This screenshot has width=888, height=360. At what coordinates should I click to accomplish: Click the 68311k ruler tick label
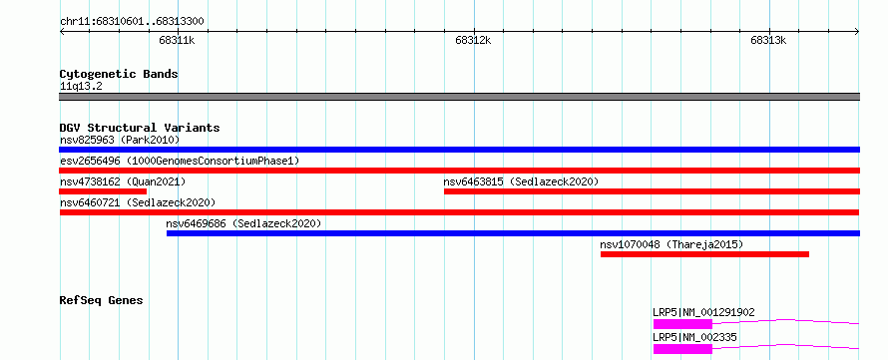[178, 40]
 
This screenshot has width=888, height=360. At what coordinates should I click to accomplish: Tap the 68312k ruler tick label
[473, 40]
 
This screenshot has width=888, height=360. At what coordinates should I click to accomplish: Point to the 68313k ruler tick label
[768, 40]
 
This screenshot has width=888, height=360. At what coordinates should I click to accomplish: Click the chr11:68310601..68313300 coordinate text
[132, 22]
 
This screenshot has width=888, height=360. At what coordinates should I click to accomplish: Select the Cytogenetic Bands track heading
[119, 74]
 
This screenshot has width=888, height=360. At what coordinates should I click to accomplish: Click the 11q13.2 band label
[81, 87]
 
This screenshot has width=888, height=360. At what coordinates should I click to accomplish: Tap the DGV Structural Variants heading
[140, 128]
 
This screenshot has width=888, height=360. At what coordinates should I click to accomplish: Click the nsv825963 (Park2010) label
[120, 140]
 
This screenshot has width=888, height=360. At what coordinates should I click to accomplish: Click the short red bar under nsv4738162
[103, 191]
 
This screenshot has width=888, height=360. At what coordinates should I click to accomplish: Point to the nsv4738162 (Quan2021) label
[123, 181]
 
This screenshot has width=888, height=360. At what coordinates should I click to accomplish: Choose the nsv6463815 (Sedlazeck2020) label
[521, 181]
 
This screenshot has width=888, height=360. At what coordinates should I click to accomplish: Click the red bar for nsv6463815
[652, 191]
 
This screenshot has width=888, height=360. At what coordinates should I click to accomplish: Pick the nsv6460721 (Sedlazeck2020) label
[138, 202]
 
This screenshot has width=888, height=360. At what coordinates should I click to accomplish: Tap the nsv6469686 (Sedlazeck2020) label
[243, 223]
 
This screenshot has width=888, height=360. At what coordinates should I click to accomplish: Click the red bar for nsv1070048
[704, 254]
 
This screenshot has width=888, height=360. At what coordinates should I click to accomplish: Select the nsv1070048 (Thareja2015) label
[671, 244]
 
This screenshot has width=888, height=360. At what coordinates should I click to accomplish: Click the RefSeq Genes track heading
[102, 300]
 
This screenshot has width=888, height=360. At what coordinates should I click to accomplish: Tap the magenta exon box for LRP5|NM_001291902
[682, 324]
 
